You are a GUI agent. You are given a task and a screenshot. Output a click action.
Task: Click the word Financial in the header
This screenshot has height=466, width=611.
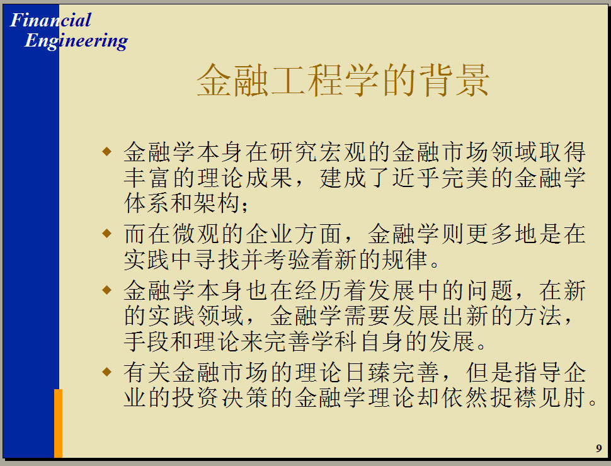50,20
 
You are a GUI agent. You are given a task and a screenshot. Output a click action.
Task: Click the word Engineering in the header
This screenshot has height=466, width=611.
76,41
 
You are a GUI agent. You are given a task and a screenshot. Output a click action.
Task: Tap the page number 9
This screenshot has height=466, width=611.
599,448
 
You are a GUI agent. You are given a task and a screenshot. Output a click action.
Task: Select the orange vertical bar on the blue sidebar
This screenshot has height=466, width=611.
58,423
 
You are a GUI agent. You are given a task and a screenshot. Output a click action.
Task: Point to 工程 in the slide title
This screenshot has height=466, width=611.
307,80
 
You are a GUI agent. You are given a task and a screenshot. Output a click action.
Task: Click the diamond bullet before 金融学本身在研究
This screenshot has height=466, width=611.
106,151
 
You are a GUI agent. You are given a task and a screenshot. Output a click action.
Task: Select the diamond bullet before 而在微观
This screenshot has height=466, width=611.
106,234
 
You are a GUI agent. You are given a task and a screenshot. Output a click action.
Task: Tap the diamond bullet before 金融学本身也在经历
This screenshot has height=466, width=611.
106,290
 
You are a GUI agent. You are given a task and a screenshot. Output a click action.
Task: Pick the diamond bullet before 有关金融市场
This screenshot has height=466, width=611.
106,372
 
